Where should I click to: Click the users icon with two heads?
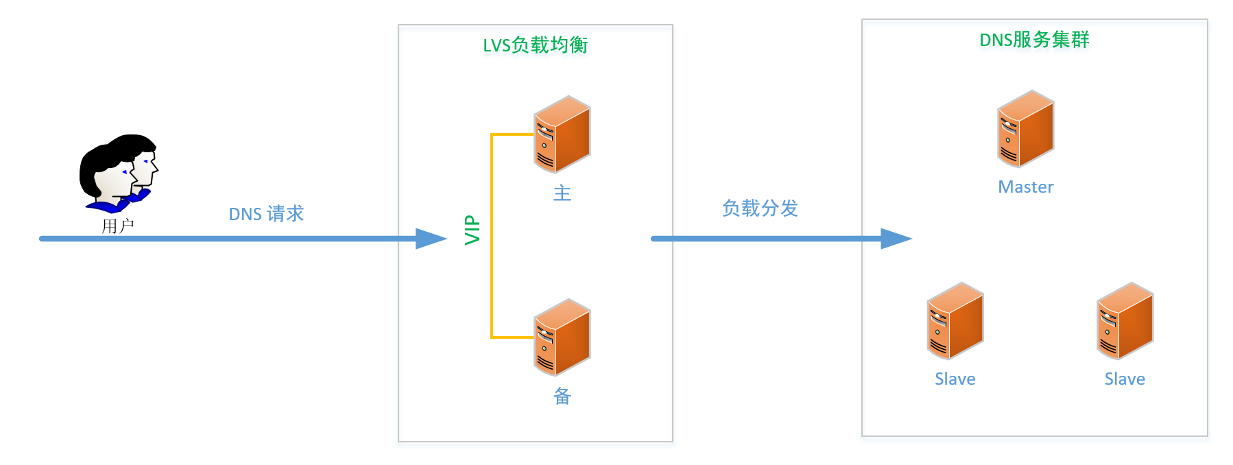(x=118, y=173)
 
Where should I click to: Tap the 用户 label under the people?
(x=117, y=226)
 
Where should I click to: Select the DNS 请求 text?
(x=266, y=214)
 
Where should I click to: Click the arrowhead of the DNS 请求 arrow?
(x=432, y=239)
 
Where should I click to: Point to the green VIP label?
(x=472, y=230)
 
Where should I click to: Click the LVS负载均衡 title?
(x=535, y=45)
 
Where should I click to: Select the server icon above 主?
(x=562, y=134)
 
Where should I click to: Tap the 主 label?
(x=562, y=193)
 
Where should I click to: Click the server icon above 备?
(x=562, y=337)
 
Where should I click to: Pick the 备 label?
(x=562, y=396)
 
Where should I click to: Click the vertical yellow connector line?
(x=492, y=236)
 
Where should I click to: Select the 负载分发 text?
(x=760, y=208)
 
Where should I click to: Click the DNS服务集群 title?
(x=1034, y=40)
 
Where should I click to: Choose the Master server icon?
(x=1025, y=129)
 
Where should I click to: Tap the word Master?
(x=1025, y=187)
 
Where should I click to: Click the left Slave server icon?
(x=955, y=321)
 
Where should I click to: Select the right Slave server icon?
(x=1125, y=321)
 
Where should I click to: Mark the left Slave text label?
(x=955, y=379)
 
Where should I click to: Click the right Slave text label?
(x=1125, y=379)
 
